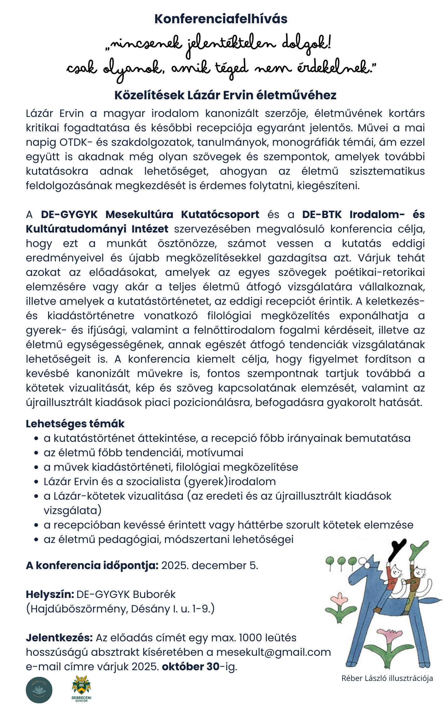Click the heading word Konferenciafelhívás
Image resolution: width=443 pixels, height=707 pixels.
[x=221, y=19]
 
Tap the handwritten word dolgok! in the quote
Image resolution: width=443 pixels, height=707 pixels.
[x=306, y=44]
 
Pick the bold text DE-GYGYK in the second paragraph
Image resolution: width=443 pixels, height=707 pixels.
[x=69, y=215]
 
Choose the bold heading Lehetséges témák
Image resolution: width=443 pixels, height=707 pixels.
[x=75, y=424]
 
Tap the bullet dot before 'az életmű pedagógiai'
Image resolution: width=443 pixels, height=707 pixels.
[x=36, y=540]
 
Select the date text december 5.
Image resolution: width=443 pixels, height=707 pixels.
[x=225, y=566]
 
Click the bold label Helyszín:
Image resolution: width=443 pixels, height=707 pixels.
[x=50, y=595]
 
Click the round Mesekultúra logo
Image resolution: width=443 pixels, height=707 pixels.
[x=39, y=690]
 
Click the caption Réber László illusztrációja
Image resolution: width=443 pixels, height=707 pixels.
[x=387, y=678]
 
